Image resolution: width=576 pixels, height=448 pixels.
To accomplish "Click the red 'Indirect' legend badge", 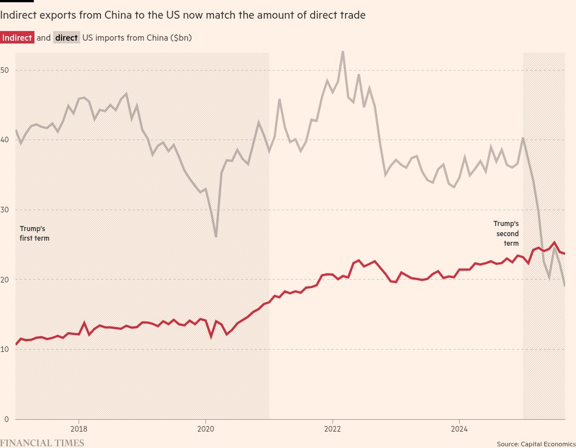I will [x=17, y=38].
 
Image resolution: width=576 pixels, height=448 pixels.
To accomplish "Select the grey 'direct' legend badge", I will [x=67, y=38].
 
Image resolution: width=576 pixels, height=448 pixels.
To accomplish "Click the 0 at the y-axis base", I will [x=7, y=419].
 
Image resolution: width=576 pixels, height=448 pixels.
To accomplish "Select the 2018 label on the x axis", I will [x=78, y=429].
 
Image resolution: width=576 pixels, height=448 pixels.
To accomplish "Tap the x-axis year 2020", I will [x=206, y=429].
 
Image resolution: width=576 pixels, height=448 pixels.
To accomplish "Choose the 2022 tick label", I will [x=332, y=429].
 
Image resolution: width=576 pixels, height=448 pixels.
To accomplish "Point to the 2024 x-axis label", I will [x=459, y=429].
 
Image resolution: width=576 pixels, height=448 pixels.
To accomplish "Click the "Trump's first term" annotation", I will [x=34, y=233].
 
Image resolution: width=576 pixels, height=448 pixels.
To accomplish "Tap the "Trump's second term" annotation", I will [x=507, y=233].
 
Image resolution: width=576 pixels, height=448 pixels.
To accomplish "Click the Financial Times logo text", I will [x=42, y=443].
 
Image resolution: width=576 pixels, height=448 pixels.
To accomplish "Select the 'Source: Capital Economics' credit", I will [x=536, y=443].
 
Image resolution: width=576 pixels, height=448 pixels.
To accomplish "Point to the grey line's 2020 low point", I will [x=216, y=237].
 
